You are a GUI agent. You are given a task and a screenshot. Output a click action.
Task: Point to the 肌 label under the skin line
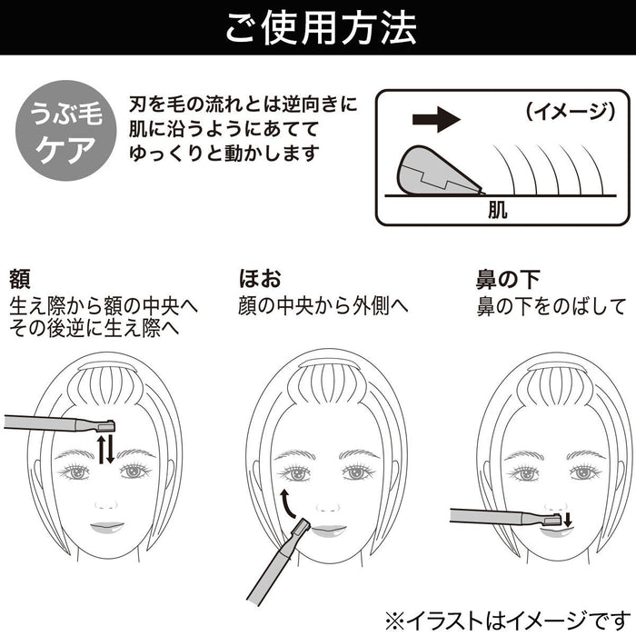pos(497,212)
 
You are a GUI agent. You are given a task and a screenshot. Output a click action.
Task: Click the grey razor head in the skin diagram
pos(433,171)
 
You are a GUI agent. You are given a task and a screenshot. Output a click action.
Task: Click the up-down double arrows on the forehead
pos(106,449)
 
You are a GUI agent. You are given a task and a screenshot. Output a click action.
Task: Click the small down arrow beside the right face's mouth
pos(568,519)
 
